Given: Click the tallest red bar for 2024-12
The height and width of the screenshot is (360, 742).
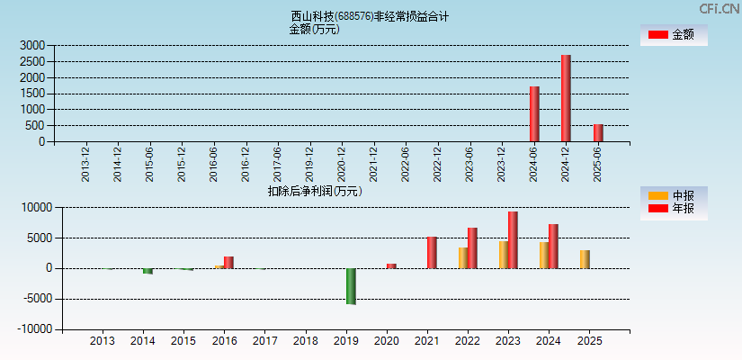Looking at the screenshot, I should pos(566,98).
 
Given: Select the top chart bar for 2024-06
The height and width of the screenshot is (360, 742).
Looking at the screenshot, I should pos(534,113).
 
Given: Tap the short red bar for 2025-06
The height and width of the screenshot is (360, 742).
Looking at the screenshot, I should pos(598,133).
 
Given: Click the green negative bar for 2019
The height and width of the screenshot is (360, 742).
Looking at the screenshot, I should pos(351,286).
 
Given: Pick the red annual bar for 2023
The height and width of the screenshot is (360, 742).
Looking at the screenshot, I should pos(513,239).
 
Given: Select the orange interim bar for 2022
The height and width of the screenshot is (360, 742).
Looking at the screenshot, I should pos(463,257).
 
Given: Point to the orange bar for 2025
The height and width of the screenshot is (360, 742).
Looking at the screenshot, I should pos(585,259).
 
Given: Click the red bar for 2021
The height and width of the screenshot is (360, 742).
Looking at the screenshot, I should pos(432,252).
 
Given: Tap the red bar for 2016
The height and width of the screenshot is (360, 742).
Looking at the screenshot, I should pos(228,262).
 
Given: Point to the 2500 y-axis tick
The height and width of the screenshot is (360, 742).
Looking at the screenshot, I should pos(31,61).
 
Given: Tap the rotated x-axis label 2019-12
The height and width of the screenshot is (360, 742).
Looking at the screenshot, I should pos(309,163).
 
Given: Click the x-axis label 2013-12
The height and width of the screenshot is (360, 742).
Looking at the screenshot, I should pos(85,163).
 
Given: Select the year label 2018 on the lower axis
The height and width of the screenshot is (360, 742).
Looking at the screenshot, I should pos(306,341).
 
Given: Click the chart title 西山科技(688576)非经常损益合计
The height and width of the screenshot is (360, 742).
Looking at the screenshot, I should pos(370,16).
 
